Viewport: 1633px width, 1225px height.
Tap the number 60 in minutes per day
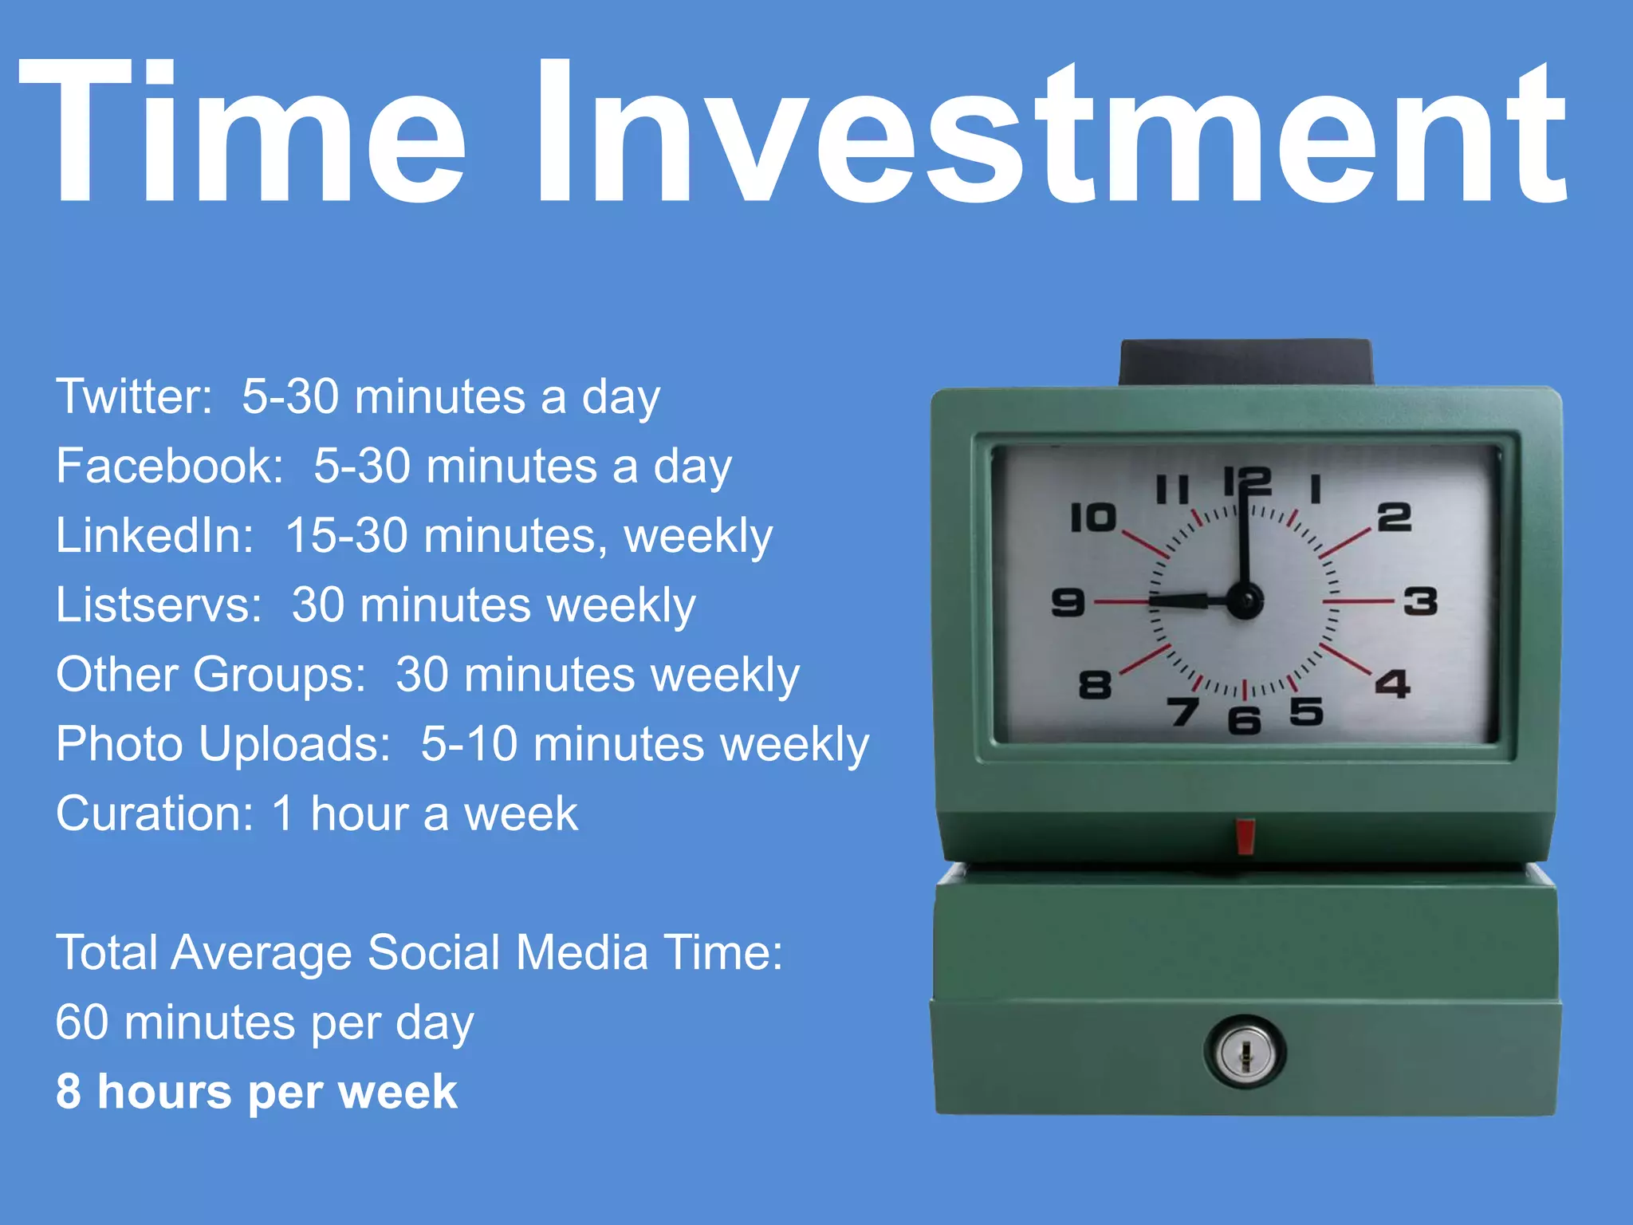[82, 1022]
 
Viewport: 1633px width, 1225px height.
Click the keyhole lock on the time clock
[1245, 1053]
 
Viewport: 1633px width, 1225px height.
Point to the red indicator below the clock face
[1245, 835]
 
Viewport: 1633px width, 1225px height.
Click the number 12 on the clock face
[1247, 482]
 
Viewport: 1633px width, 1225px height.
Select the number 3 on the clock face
[1420, 601]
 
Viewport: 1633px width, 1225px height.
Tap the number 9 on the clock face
[1068, 602]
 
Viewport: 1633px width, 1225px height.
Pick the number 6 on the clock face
[1244, 720]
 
